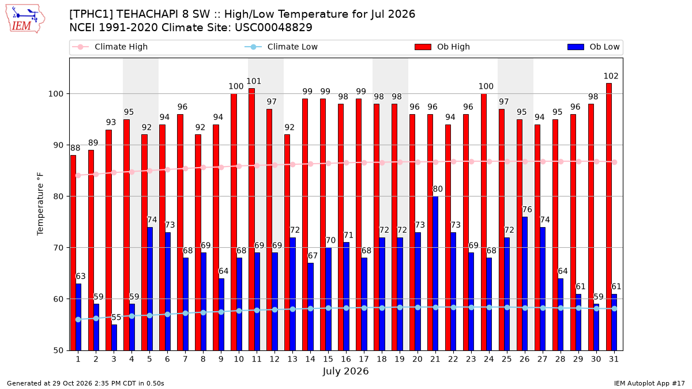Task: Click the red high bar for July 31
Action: [x=608, y=217]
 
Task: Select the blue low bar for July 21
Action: [x=435, y=273]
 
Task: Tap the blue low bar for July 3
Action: [x=114, y=338]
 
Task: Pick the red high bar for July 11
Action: [x=251, y=220]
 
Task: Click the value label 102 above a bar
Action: [x=611, y=76]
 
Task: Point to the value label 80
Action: [x=438, y=189]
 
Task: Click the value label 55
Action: [x=116, y=318]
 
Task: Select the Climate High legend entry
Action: [x=110, y=47]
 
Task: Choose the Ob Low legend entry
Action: [x=593, y=47]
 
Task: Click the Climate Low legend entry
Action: [x=281, y=47]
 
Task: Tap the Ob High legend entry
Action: [x=442, y=47]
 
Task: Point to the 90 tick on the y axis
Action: [x=58, y=145]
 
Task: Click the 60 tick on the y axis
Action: [x=58, y=299]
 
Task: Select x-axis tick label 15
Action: [x=328, y=359]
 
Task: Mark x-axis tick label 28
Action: [x=560, y=359]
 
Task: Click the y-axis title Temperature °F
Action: [x=40, y=204]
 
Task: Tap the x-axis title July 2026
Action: [x=345, y=371]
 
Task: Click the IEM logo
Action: [x=25, y=19]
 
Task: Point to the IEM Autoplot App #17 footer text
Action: [x=649, y=383]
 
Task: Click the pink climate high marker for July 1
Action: [x=78, y=176]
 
